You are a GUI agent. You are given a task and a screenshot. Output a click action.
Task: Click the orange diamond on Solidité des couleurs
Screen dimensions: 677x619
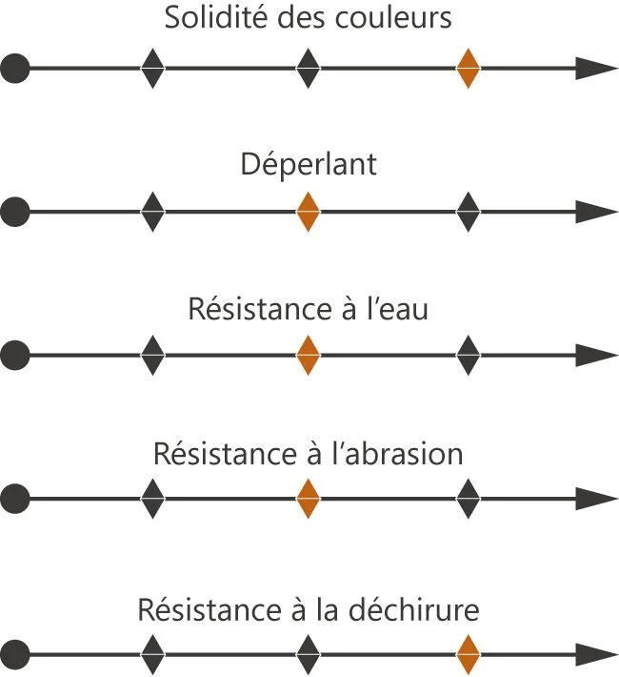468,69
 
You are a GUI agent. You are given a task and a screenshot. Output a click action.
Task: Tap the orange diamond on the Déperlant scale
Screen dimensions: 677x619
307,212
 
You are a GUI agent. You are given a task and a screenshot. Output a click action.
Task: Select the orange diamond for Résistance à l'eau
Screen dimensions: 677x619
307,356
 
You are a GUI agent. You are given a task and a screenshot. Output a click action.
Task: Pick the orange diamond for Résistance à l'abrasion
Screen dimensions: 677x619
307,498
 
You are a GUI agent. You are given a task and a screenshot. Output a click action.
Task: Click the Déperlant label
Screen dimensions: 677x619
309,164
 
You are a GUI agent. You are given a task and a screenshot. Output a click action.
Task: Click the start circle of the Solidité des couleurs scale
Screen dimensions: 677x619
14,69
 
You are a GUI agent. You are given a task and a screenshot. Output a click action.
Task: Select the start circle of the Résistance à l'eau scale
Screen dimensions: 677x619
14,356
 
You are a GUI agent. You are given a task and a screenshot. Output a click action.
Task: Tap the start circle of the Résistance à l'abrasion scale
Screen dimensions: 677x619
14,498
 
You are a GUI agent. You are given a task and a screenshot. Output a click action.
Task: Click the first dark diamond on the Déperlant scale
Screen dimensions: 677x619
152,212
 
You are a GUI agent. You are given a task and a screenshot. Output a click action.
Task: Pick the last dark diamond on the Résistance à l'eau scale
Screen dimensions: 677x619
468,356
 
